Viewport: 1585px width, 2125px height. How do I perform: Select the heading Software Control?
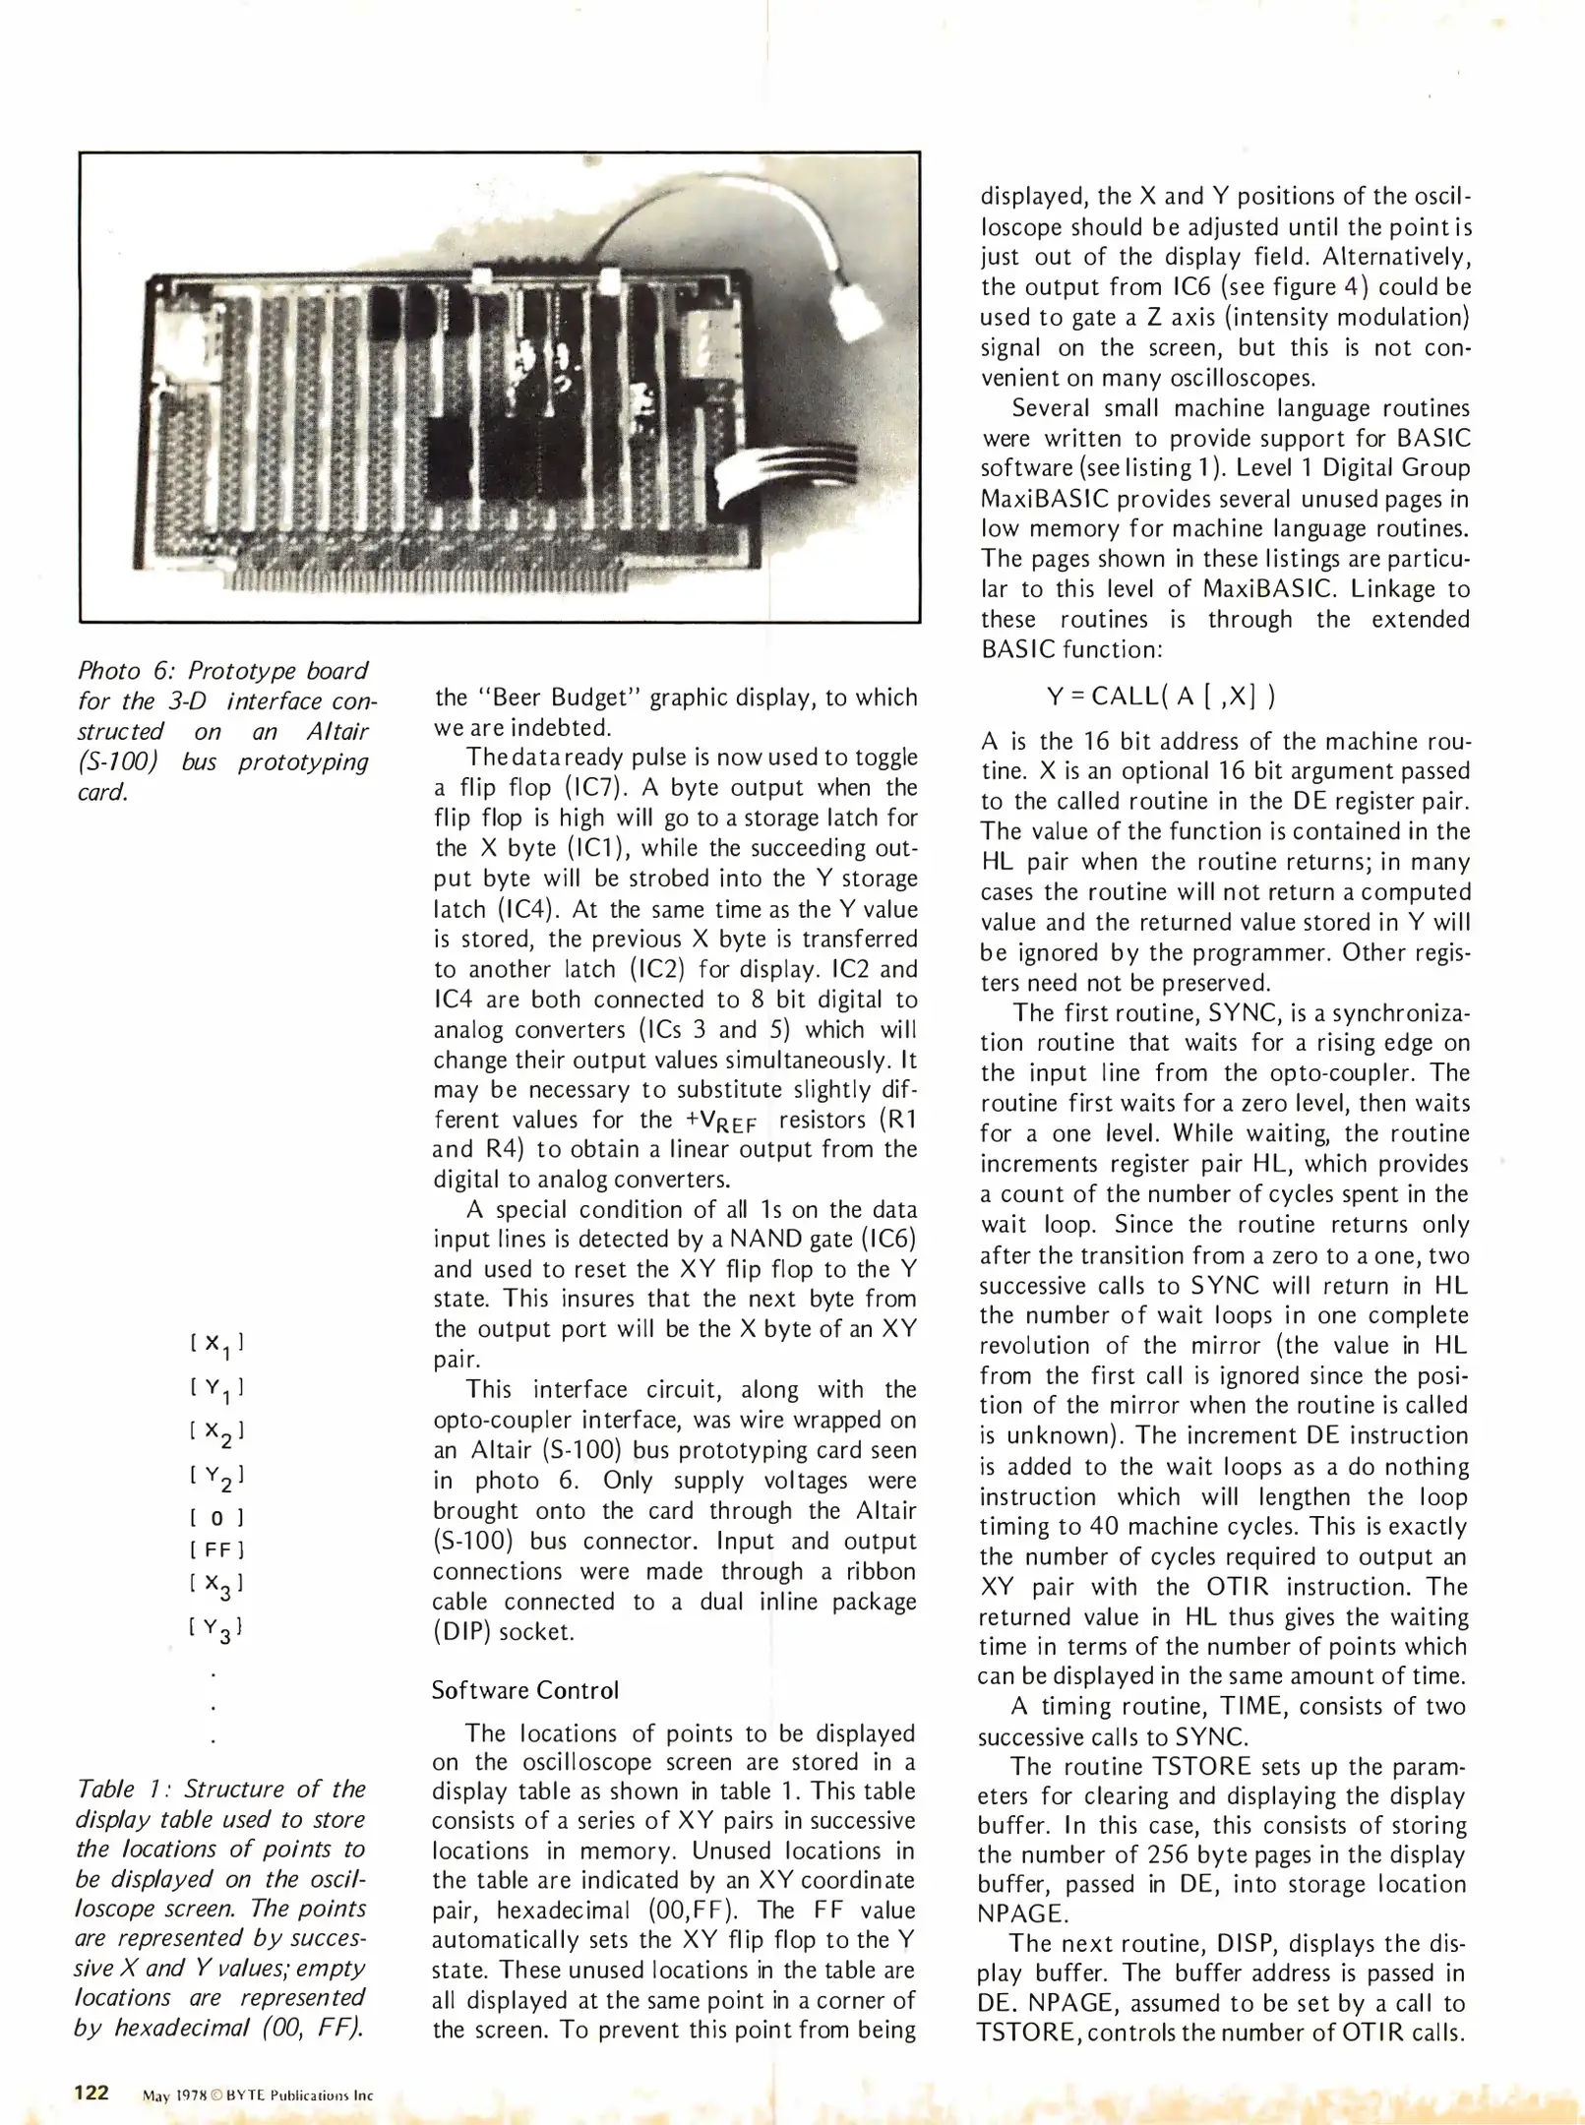tap(525, 1690)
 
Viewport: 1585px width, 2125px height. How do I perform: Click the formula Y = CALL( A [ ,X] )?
tap(1161, 696)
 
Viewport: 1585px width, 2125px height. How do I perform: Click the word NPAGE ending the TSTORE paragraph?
tap(1023, 1914)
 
